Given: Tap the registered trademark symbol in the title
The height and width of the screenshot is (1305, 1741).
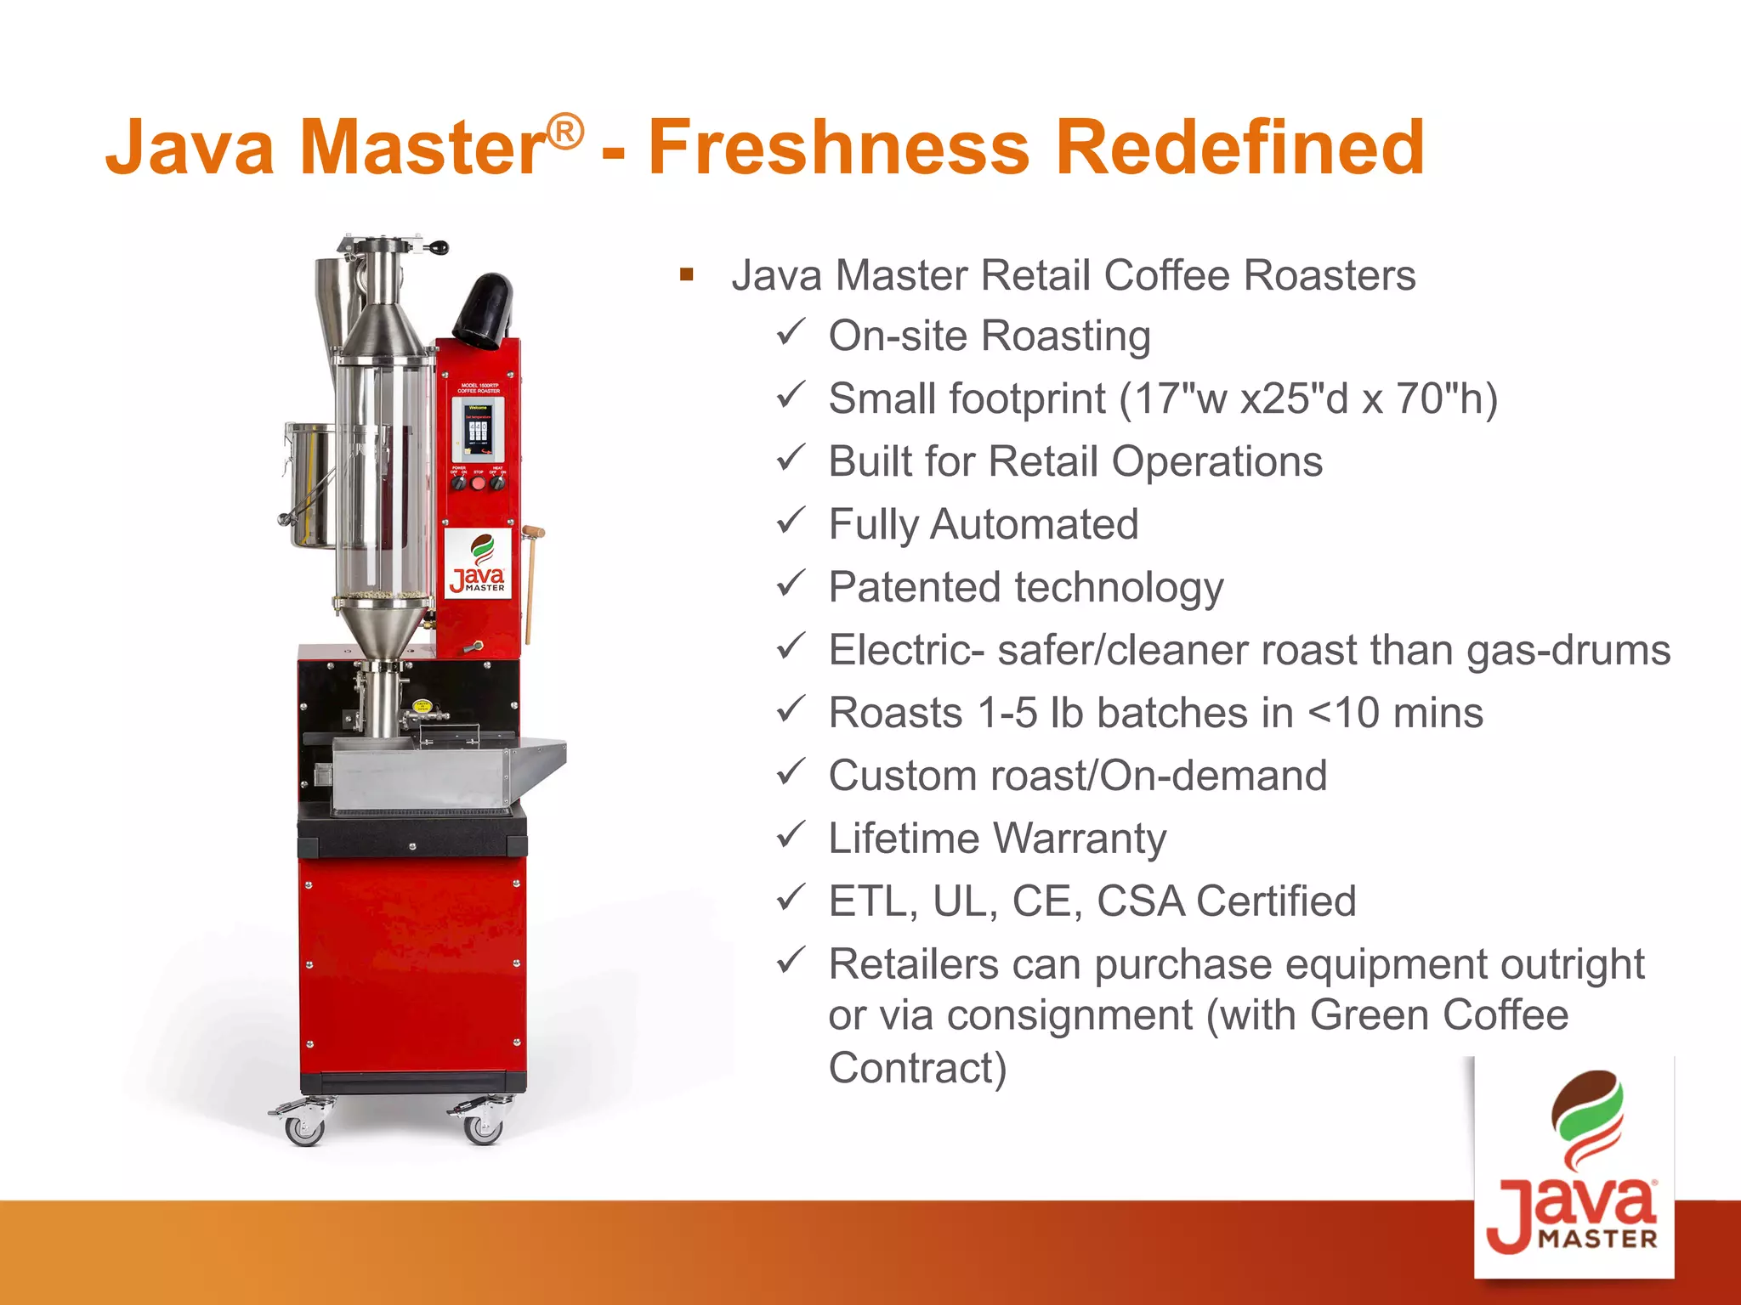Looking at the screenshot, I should [x=565, y=132].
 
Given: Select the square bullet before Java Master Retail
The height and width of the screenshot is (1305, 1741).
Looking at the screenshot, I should [x=687, y=274].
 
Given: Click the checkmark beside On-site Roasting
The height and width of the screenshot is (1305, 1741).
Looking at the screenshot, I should [x=791, y=332].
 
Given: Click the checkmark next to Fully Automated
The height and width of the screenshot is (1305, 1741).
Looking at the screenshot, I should [x=791, y=521].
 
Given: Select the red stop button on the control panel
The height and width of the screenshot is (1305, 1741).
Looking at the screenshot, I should [x=478, y=483].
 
